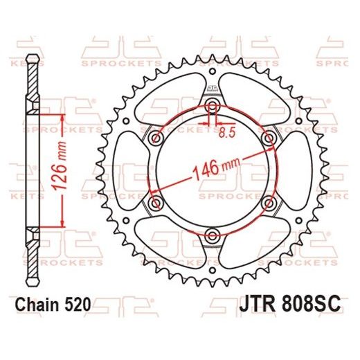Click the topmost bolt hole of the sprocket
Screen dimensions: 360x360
[212, 106]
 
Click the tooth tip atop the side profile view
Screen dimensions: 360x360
[32, 57]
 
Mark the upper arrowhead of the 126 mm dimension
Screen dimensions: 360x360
[64, 111]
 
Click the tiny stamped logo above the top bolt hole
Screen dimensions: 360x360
[212, 91]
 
